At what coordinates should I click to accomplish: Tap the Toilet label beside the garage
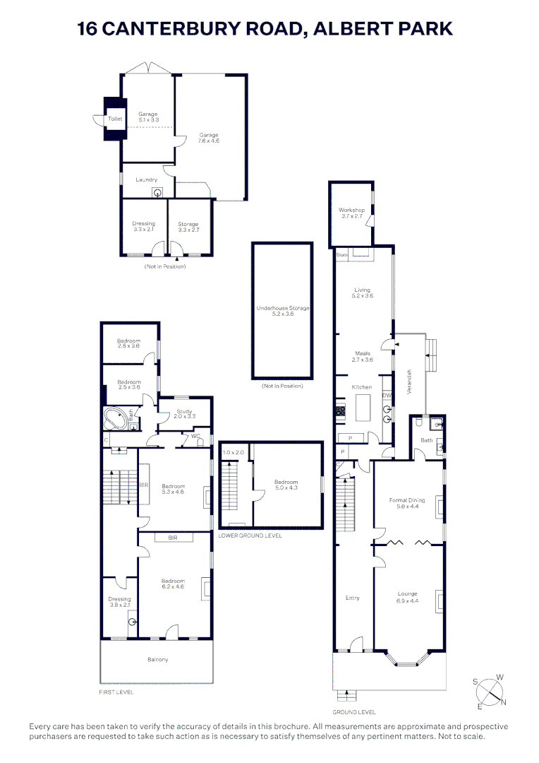click(115, 119)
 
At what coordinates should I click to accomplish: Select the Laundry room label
click(146, 179)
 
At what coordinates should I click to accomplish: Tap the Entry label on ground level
click(352, 598)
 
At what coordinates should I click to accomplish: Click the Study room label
click(185, 413)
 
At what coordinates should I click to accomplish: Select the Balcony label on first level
click(157, 660)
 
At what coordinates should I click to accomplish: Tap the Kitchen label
click(362, 387)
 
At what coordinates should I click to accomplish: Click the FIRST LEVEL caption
click(116, 692)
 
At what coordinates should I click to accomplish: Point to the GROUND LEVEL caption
click(354, 712)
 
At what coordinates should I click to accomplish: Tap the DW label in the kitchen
click(387, 396)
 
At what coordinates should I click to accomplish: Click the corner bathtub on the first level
click(114, 418)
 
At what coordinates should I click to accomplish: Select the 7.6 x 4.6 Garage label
click(209, 138)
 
